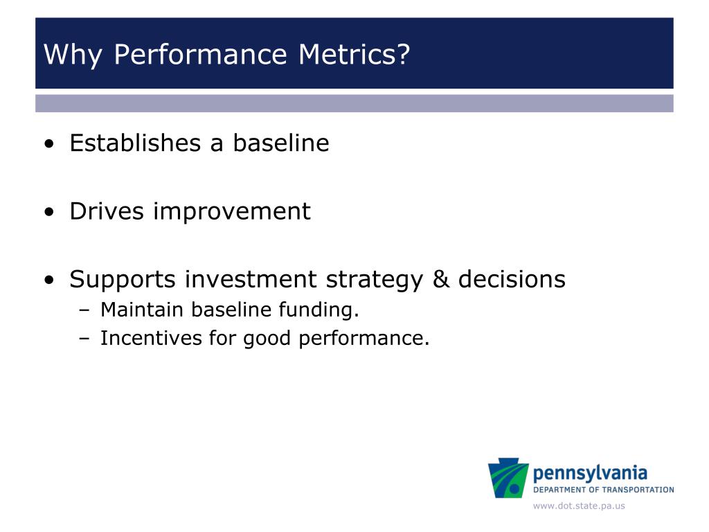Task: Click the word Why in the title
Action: pyautogui.click(x=73, y=55)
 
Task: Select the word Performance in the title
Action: pyautogui.click(x=200, y=54)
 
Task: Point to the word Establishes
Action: pyautogui.click(x=135, y=143)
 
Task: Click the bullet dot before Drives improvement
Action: pyautogui.click(x=49, y=212)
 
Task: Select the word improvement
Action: pyautogui.click(x=232, y=211)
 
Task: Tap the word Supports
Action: pyautogui.click(x=122, y=280)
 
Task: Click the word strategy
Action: pyautogui.click(x=375, y=280)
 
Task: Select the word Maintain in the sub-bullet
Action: pyautogui.click(x=141, y=310)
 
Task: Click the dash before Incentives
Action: pyautogui.click(x=84, y=338)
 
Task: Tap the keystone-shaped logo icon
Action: pyautogui.click(x=508, y=478)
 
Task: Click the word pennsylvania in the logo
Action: pyautogui.click(x=590, y=474)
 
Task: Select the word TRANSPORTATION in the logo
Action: pyautogui.click(x=638, y=490)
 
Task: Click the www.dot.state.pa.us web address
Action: pyautogui.click(x=579, y=506)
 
